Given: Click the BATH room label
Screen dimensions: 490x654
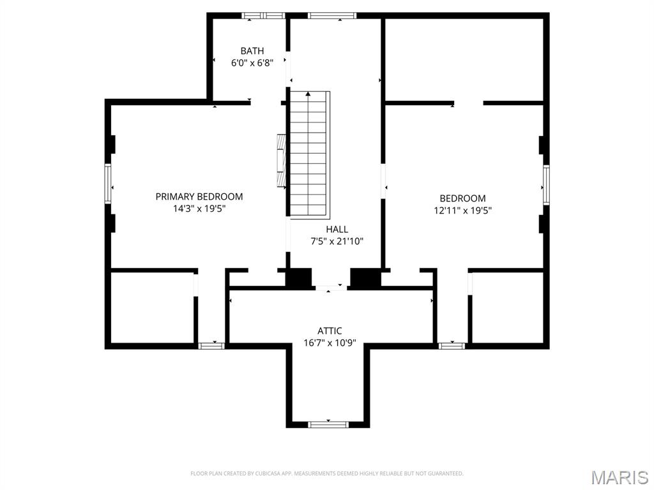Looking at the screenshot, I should (x=252, y=51).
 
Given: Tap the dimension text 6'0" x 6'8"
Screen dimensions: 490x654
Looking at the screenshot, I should (x=252, y=63).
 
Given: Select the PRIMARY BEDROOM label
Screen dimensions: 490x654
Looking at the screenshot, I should (x=199, y=197).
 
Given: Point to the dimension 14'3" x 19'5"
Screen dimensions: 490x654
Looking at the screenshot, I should (x=199, y=209).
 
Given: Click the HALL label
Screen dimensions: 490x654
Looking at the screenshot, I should (x=337, y=229).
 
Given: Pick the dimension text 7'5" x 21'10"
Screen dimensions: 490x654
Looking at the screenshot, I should (x=337, y=241).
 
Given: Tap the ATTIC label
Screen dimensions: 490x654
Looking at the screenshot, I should (x=330, y=330).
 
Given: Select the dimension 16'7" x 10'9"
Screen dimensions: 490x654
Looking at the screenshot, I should (x=330, y=343).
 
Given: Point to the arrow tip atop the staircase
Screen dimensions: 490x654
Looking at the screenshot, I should (x=308, y=94).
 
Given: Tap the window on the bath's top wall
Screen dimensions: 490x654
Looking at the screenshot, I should (x=263, y=15).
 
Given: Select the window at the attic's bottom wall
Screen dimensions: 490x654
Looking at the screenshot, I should (x=328, y=424).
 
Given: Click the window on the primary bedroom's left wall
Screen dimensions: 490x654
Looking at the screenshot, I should (x=109, y=184).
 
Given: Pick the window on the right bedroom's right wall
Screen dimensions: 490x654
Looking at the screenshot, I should (x=546, y=185).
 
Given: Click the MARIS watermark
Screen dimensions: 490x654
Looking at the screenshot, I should (x=619, y=477).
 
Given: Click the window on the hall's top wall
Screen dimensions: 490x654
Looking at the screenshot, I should (x=331, y=15).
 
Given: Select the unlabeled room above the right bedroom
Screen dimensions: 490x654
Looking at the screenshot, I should (x=464, y=59).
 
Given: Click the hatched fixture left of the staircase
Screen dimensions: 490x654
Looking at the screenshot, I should (x=281, y=161).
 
